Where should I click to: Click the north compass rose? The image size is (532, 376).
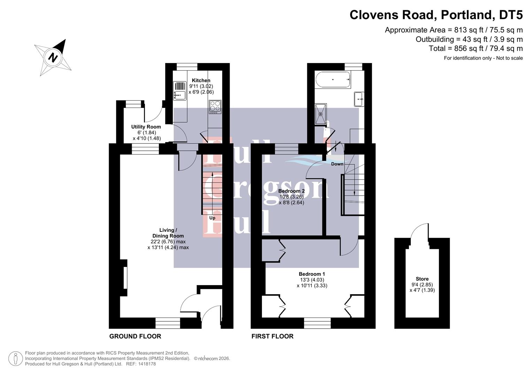(53, 57)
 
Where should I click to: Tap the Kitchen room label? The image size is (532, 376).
(201, 80)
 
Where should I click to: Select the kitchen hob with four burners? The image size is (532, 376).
(215, 107)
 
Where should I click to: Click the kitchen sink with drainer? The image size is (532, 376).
(180, 90)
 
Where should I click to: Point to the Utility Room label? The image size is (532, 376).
(146, 127)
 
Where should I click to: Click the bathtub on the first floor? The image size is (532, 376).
(333, 80)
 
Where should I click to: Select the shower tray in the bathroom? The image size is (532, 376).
(321, 114)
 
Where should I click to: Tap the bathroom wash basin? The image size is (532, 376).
(359, 99)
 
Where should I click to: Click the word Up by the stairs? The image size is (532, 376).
(212, 218)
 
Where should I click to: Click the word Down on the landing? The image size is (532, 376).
(337, 164)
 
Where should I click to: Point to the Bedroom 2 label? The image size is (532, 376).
(291, 191)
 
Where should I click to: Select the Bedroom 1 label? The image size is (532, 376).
(312, 274)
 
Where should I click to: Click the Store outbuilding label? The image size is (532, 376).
(422, 279)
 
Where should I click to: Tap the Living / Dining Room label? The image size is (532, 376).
(168, 233)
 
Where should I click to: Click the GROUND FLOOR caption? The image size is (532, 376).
(135, 336)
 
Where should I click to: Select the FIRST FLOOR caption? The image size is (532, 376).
(272, 336)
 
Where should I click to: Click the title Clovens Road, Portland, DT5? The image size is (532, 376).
(436, 15)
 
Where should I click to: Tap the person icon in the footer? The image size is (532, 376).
(16, 359)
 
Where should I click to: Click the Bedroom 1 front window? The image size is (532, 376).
(317, 323)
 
